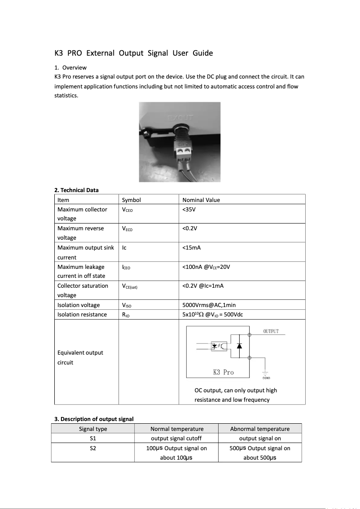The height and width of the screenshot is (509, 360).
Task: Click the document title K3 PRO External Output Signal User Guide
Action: [x=133, y=53]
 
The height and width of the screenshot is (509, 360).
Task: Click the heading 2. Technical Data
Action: [x=76, y=190]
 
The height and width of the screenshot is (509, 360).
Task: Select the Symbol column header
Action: [x=131, y=200]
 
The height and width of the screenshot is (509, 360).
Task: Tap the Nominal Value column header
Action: [x=201, y=200]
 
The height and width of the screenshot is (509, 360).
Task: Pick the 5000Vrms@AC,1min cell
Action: [x=209, y=305]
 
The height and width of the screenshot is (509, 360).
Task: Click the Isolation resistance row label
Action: [x=82, y=315]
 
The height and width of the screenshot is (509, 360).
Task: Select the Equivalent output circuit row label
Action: [x=80, y=357]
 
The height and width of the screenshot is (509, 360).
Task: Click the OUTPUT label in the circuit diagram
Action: [x=271, y=331]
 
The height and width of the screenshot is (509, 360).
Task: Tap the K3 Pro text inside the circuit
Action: [x=223, y=372]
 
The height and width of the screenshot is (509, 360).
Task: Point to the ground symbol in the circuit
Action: [x=265, y=373]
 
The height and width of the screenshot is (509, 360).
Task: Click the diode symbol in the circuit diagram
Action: [x=239, y=346]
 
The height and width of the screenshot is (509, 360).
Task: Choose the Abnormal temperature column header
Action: [x=259, y=429]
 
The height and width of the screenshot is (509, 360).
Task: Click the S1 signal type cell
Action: [x=93, y=439]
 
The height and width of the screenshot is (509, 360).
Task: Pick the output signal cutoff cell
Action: [x=176, y=439]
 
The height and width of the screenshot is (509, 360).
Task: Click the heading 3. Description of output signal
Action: [x=94, y=419]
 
